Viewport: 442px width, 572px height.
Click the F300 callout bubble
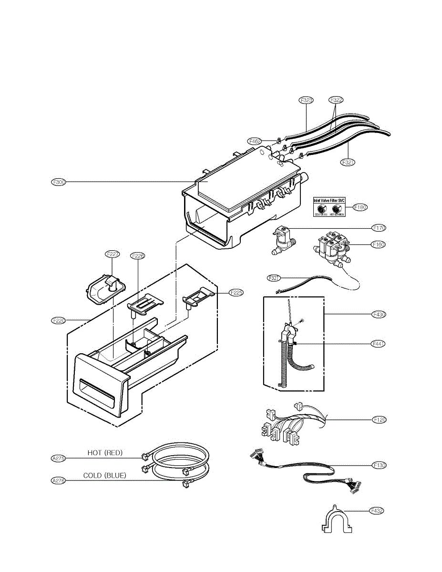coord(59,182)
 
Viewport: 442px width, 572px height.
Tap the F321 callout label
coord(348,163)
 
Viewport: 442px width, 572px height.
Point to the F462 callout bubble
coord(255,141)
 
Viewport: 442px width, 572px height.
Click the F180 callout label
coord(360,207)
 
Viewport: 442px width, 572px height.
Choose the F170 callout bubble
coord(379,228)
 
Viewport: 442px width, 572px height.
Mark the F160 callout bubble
coord(379,245)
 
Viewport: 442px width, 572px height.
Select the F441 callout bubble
coord(379,344)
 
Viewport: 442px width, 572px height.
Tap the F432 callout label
coord(377,511)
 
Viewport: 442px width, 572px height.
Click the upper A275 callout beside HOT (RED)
coord(58,459)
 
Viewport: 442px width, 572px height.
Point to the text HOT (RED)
coord(105,453)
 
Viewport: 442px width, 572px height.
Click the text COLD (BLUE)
coord(105,475)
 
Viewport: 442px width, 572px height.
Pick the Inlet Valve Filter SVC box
coord(329,208)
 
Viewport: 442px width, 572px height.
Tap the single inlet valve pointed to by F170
coord(282,240)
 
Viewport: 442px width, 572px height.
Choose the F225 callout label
coord(236,293)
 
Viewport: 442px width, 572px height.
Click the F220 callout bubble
coord(59,320)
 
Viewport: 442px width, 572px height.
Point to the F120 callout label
coord(379,420)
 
